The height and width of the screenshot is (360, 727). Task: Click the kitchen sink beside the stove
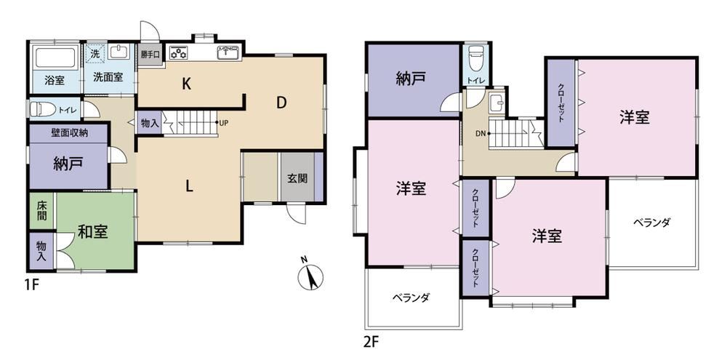[227, 52]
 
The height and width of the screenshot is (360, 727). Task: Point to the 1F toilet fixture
[42, 109]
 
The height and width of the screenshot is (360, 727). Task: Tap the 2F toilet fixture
[475, 56]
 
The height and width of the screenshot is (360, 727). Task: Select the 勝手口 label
[150, 55]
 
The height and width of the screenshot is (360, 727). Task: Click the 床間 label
[41, 212]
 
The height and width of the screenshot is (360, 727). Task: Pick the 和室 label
[93, 232]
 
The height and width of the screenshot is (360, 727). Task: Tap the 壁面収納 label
[69, 132]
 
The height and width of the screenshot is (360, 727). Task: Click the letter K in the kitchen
[187, 84]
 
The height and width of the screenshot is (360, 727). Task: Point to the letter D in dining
[281, 103]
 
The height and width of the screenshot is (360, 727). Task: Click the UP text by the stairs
[224, 122]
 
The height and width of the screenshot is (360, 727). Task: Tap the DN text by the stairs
[481, 133]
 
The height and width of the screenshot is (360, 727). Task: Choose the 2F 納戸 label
[411, 79]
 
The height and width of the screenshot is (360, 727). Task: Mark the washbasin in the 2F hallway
[497, 102]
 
